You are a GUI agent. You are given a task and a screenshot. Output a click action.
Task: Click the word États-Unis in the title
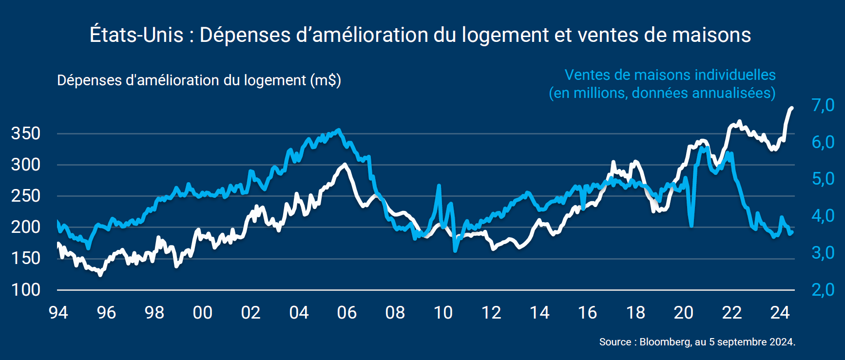(x=136, y=35)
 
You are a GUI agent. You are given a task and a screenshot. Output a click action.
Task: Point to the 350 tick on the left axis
(x=26, y=133)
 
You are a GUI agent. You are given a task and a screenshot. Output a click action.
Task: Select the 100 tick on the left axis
(x=26, y=290)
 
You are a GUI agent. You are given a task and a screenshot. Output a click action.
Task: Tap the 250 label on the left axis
(x=26, y=196)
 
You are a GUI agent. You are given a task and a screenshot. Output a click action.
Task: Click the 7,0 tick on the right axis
(x=823, y=105)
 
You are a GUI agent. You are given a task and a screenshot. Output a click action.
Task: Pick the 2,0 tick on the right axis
(x=823, y=290)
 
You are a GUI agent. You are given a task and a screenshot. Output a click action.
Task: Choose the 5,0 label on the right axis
(x=823, y=179)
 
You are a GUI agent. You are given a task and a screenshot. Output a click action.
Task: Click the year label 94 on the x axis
(x=58, y=313)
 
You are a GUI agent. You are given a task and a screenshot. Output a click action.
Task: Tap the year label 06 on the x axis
(x=347, y=313)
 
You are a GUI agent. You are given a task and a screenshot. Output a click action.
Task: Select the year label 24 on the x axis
(x=780, y=313)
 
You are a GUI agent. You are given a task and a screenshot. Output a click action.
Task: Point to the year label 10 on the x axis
(x=443, y=313)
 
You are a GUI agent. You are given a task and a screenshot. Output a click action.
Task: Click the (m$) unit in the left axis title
(x=326, y=80)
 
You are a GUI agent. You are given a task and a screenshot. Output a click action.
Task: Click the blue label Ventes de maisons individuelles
(x=670, y=75)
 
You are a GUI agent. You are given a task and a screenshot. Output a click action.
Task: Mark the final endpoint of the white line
(x=791, y=108)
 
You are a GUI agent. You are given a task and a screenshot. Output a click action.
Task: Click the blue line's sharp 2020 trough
(x=691, y=226)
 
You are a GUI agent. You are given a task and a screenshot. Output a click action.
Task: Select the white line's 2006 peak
(x=345, y=165)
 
